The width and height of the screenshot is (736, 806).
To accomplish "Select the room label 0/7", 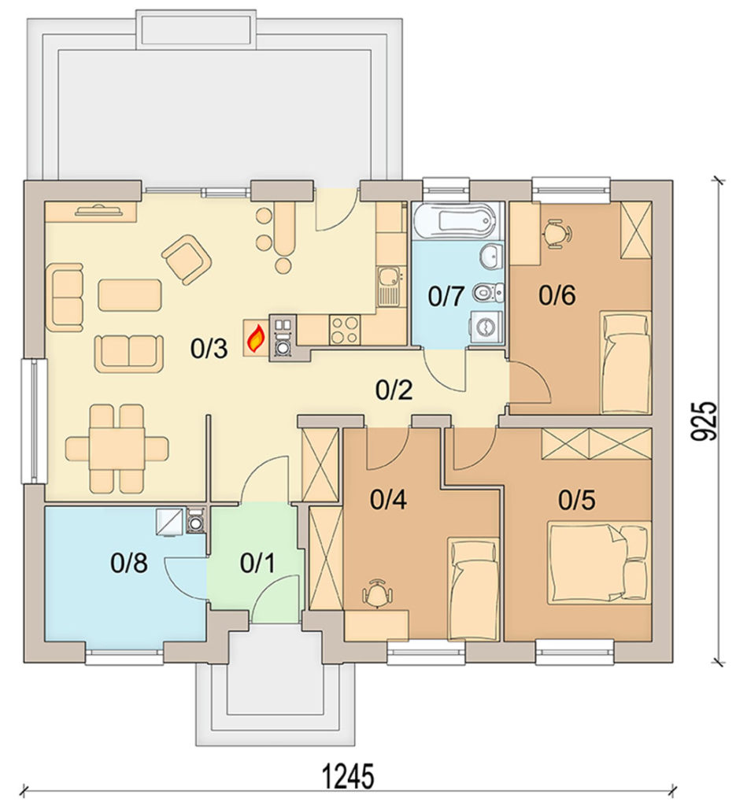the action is [x=446, y=297].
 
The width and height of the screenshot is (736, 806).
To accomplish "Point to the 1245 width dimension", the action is [x=348, y=777].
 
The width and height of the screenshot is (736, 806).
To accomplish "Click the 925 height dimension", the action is [x=703, y=420].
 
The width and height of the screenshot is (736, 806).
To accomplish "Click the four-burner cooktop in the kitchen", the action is [x=344, y=330].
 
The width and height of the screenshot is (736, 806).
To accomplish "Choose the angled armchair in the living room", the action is [x=187, y=258].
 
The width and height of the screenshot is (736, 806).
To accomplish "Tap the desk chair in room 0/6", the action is [x=556, y=234].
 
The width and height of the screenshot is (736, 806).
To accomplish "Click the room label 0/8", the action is [x=129, y=562].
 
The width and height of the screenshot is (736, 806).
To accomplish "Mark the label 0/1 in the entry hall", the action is [x=257, y=563].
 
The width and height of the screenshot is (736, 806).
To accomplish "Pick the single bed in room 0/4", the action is [x=473, y=589].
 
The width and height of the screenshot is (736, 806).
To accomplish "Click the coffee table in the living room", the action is [x=130, y=295].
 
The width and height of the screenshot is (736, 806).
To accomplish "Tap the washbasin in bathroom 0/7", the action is [x=491, y=256].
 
